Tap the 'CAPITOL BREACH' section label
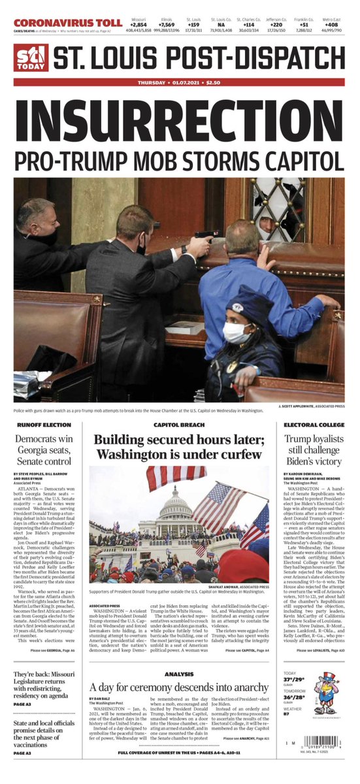tap(180, 425)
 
